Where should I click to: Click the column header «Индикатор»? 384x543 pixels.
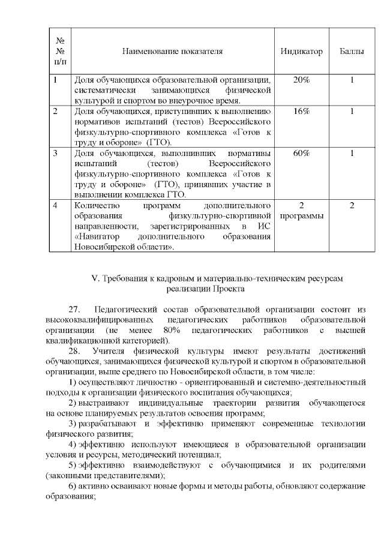tap(301, 52)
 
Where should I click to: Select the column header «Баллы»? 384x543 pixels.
tap(352, 52)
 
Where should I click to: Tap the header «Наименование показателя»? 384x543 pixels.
tap(172, 52)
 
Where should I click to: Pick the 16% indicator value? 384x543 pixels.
tap(301, 111)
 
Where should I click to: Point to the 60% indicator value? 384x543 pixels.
tap(301, 154)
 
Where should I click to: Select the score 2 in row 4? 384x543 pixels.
tap(352, 206)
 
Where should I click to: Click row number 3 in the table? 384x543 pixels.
tap(55, 154)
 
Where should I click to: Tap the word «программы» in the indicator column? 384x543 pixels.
tap(301, 216)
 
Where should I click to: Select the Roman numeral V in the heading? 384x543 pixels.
tap(94, 278)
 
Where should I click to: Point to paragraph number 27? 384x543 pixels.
tap(75, 310)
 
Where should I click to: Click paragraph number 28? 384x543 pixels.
tap(75, 350)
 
